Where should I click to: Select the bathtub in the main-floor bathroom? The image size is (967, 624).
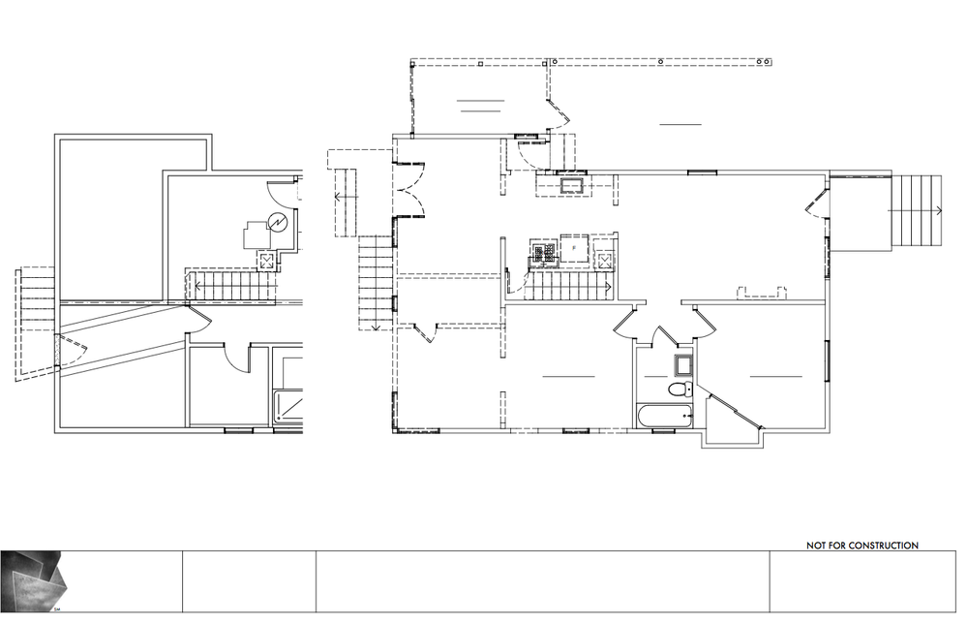click(x=665, y=416)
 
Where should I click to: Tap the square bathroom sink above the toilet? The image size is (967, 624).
click(x=682, y=365)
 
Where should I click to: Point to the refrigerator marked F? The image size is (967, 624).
click(x=574, y=247)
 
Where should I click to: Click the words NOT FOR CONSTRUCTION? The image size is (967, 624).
click(x=862, y=546)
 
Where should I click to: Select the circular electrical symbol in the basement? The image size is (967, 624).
click(x=276, y=222)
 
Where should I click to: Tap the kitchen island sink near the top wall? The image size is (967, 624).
click(x=572, y=185)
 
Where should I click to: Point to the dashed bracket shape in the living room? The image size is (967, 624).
click(x=762, y=292)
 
